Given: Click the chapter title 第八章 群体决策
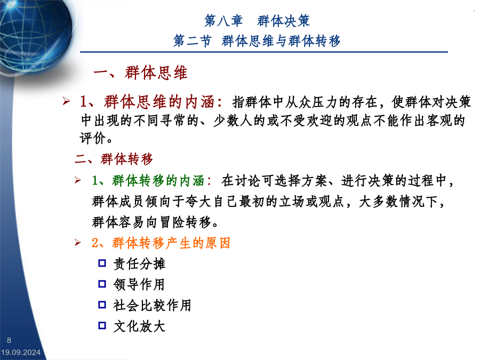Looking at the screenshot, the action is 257,21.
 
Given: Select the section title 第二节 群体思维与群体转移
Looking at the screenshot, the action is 257,41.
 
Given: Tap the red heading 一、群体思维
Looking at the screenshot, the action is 140,73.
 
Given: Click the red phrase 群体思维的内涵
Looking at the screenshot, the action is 159,102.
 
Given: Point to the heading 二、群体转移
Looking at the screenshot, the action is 114,159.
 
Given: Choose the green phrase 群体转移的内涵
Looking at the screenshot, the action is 158,181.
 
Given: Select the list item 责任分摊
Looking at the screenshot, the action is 139,264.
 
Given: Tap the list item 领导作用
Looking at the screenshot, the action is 139,284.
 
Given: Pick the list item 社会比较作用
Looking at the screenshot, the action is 152,305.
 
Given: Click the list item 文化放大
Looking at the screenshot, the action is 139,326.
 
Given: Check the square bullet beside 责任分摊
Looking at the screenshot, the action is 102,263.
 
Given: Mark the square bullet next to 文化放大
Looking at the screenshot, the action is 102,325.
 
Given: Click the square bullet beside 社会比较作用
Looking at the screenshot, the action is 102,305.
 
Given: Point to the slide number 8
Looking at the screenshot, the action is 9,340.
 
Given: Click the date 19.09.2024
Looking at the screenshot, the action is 20,353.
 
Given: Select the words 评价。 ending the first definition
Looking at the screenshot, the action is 96,138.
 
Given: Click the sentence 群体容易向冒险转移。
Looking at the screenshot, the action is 155,222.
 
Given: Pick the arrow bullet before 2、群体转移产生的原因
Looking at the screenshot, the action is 78,243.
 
